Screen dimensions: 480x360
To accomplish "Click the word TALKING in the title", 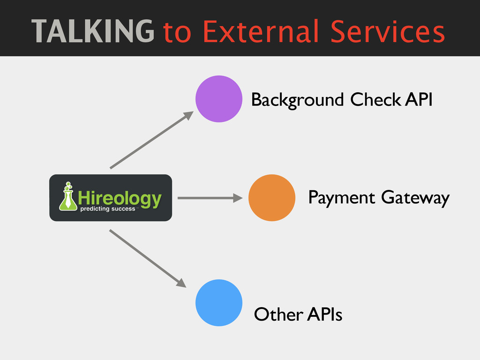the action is [93, 31].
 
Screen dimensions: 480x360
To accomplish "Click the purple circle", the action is [219, 99].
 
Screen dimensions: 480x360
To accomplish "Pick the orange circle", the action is [271, 198].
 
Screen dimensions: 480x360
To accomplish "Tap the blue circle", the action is [219, 303].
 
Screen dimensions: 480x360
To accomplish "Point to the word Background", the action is [297, 100].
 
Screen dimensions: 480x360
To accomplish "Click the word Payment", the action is [341, 198].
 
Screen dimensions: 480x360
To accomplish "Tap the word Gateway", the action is [415, 199].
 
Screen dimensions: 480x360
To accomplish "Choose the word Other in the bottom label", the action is [277, 315].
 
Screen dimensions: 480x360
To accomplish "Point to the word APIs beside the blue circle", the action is [324, 315].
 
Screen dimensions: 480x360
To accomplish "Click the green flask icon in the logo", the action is [68, 196].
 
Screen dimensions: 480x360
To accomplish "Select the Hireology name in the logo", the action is [120, 198].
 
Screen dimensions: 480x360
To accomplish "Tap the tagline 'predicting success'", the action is [108, 209].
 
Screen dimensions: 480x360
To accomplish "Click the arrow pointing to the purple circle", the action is [151, 140].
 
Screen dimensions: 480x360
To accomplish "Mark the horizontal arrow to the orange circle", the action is [210, 198].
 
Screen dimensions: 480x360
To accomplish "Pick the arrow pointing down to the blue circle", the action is [148, 258].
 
